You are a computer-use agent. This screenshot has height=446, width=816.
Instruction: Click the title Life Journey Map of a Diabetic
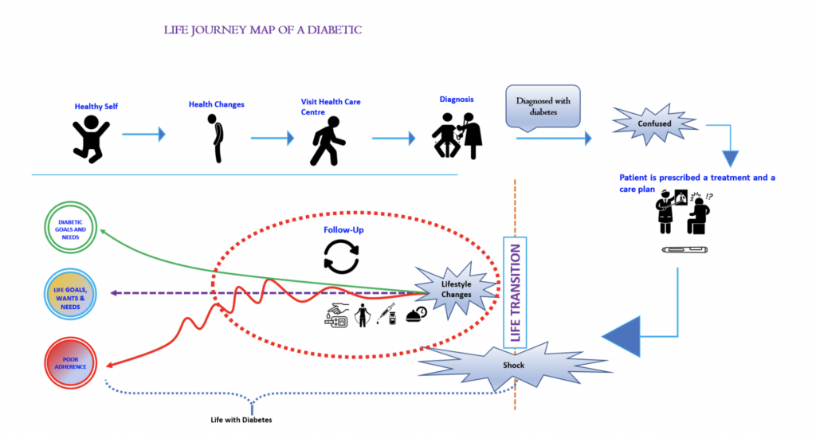click(263, 30)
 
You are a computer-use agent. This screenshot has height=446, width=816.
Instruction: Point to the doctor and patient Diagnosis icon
click(457, 135)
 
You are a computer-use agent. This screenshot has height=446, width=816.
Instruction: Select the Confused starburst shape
click(653, 124)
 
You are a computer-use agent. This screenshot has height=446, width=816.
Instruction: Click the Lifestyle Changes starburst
click(456, 289)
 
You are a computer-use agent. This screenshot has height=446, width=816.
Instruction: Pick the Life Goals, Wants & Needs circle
click(72, 294)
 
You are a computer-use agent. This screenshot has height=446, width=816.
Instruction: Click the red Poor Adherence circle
click(72, 361)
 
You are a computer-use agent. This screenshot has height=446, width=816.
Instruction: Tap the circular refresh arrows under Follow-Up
click(341, 257)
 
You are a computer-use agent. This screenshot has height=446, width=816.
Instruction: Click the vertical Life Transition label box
click(515, 292)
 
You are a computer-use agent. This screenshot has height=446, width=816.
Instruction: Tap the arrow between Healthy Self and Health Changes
click(143, 135)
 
